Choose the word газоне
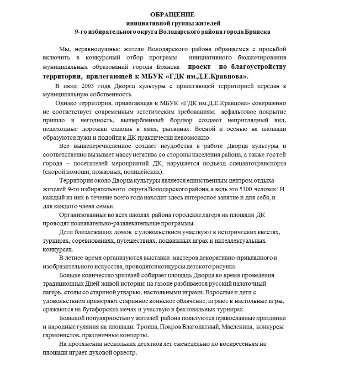tap(169, 283)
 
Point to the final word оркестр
tap(122, 353)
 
